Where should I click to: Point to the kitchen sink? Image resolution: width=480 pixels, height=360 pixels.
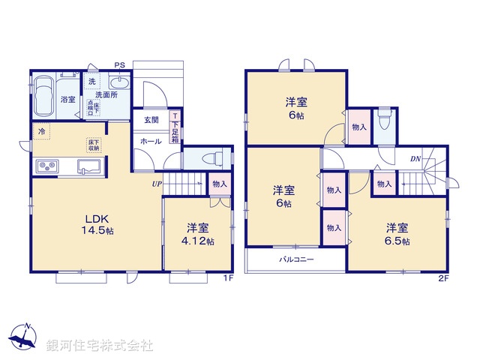(x=88, y=166)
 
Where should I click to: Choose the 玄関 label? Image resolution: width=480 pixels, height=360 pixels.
(x=151, y=120)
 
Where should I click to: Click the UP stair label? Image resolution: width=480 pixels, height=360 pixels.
(x=157, y=183)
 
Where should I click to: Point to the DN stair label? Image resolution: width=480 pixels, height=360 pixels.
(x=415, y=158)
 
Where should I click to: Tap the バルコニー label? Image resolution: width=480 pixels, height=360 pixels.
(x=297, y=259)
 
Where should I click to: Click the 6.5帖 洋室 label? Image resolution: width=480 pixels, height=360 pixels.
(x=397, y=233)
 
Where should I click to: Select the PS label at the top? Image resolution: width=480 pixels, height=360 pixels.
(x=119, y=64)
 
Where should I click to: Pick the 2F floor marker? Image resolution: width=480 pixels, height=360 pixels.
(x=444, y=277)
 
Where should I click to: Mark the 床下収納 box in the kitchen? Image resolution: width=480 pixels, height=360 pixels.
(x=94, y=145)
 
